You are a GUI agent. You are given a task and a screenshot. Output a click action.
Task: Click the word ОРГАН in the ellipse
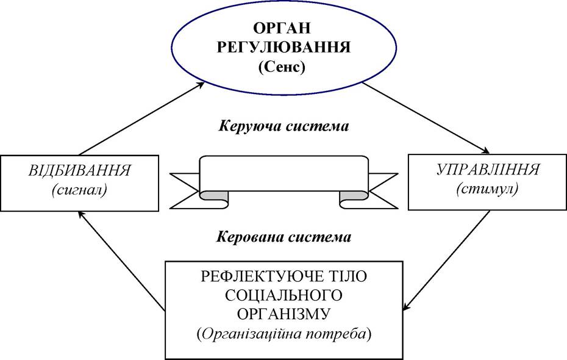coord(282,28)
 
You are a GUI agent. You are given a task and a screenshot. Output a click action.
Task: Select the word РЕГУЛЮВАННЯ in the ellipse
coord(284,48)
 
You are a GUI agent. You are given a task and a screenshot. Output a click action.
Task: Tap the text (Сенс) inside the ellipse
coord(282,67)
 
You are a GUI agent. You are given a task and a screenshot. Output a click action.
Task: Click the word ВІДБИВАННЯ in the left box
coord(79,170)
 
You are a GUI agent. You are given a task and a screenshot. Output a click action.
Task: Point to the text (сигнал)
coord(79,190)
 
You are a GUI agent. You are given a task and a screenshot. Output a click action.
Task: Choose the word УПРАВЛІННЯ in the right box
coord(488,169)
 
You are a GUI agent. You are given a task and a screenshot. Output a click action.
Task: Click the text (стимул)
coord(487,189)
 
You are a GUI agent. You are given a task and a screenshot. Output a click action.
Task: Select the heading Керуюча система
coord(283,126)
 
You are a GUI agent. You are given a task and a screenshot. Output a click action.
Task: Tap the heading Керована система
coord(284,237)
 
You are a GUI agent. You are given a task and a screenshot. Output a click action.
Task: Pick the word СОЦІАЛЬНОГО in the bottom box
coord(283,295)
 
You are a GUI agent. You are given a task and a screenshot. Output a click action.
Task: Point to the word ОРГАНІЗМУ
coord(283,314)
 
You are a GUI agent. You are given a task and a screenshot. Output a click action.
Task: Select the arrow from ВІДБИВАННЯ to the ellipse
coord(141,118)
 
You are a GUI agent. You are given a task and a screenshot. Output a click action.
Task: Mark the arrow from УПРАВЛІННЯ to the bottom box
coord(446,260)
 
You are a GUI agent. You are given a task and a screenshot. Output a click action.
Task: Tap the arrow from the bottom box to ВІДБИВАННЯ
coord(121,261)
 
